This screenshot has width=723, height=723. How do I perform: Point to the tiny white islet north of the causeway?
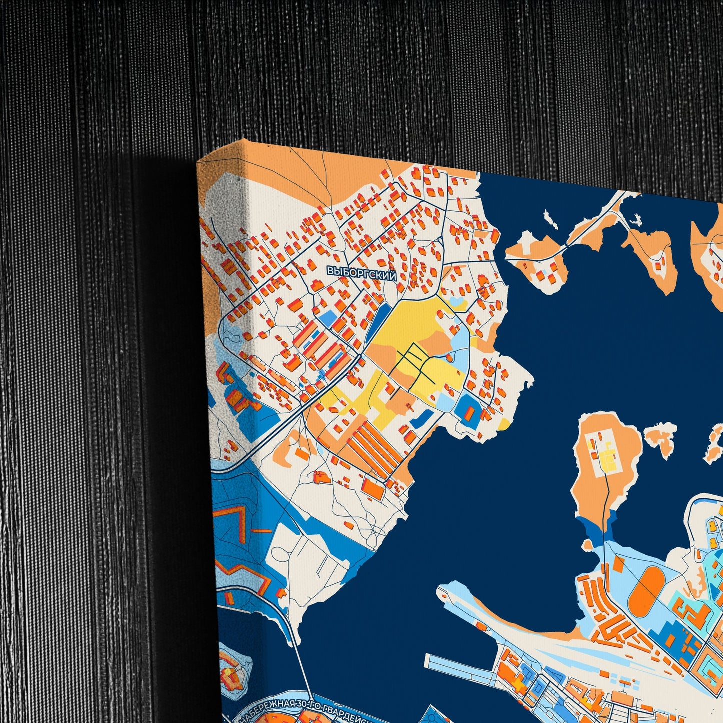coord(550,219)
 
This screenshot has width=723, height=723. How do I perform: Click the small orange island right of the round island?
coord(661,437)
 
